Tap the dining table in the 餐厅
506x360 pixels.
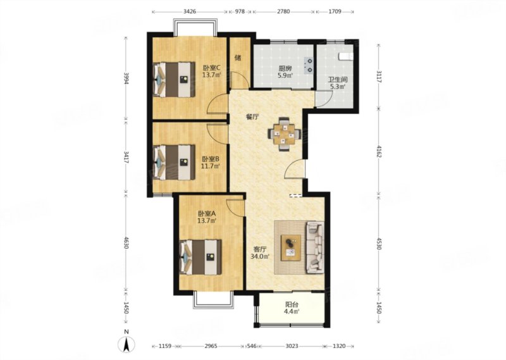click(284, 133)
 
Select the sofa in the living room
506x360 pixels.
click(314, 247)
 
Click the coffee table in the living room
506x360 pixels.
click(291, 247)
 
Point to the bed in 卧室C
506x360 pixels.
click(174, 80)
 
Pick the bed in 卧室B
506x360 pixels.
click(174, 162)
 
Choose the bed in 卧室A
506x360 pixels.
click(201, 257)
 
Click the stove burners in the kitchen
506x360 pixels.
click(309, 65)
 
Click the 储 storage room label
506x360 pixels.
click(238, 58)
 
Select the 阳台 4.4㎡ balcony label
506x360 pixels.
click(292, 307)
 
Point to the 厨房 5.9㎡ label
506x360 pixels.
click(285, 72)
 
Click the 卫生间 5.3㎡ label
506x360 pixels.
click(338, 83)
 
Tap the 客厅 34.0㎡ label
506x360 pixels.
click(260, 253)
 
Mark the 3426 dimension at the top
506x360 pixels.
click(190, 11)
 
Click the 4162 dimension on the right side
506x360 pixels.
click(378, 151)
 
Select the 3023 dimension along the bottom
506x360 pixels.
click(292, 346)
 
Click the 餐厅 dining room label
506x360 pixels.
click(252, 117)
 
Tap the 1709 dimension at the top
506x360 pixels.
click(335, 11)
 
